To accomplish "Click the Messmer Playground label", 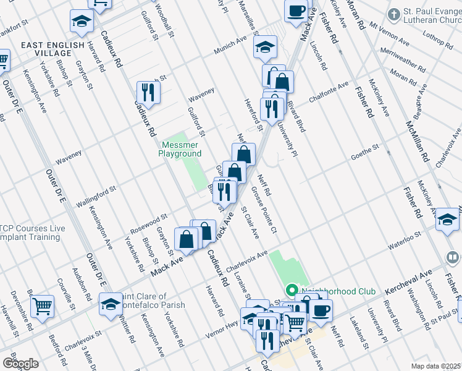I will [x=181, y=149].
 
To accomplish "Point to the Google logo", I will [x=20, y=364].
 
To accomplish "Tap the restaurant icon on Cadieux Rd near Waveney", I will [x=148, y=92].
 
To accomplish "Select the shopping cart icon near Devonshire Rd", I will [x=42, y=305].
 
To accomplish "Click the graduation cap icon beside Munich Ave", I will [x=265, y=47].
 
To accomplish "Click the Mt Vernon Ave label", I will [x=389, y=35].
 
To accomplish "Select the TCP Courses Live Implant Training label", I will [x=32, y=232].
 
